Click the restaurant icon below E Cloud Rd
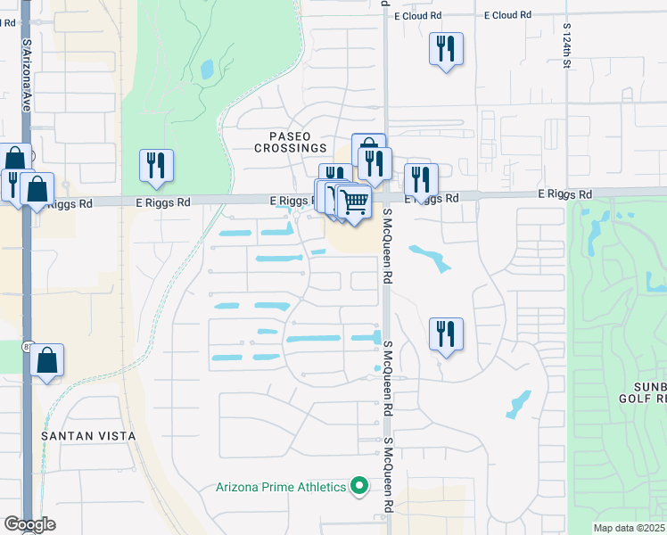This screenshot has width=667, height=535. (x=446, y=48)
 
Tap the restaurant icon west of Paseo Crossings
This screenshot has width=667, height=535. (x=156, y=165)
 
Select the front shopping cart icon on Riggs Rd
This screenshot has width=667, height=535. (x=354, y=202)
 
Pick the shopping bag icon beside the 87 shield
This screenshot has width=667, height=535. (x=47, y=360)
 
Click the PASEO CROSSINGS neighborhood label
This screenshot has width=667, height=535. (x=290, y=142)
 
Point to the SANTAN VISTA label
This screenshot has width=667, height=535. (x=88, y=436)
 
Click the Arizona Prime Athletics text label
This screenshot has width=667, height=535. (x=280, y=487)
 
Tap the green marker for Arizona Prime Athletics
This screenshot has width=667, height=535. (x=359, y=486)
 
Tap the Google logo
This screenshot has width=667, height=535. (x=29, y=524)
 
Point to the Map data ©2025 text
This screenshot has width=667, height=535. (x=629, y=528)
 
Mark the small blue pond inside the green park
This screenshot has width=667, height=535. (x=207, y=69)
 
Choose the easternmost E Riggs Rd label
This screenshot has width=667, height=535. (x=565, y=193)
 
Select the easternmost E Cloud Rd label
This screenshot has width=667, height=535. (x=507, y=15)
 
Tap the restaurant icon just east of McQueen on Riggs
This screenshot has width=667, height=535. (x=421, y=179)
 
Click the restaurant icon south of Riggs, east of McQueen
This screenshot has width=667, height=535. (x=446, y=333)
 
